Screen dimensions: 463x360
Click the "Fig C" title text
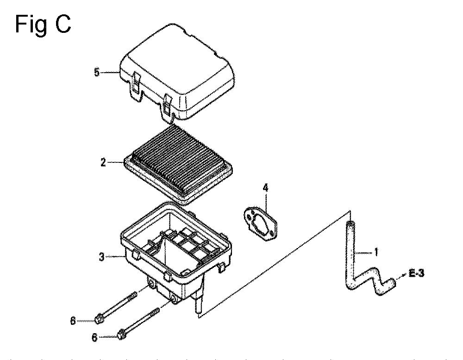tap(43, 25)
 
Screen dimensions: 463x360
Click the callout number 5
tap(97, 72)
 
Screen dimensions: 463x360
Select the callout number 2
tap(103, 162)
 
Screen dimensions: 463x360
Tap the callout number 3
tap(101, 257)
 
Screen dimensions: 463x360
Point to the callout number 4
tap(266, 188)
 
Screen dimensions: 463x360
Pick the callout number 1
tap(376, 252)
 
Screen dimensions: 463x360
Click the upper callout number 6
tap(73, 321)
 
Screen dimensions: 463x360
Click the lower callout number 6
tap(94, 338)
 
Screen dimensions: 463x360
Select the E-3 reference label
tap(416, 273)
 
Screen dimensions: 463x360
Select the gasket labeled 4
tap(261, 223)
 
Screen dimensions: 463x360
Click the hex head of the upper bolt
tap(98, 320)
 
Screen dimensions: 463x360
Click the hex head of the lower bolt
tap(120, 335)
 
